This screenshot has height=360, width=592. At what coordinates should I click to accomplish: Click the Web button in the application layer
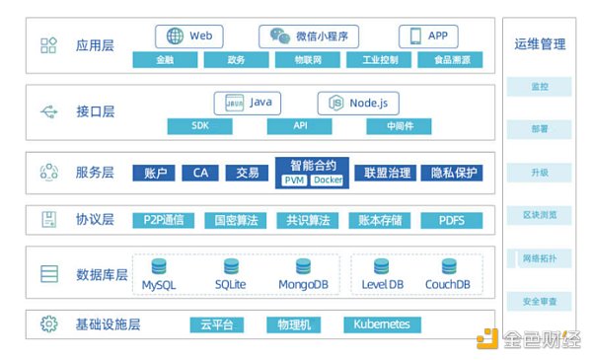[188, 36]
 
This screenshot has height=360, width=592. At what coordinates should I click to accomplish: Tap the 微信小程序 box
[309, 36]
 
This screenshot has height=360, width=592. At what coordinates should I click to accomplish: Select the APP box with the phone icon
[428, 36]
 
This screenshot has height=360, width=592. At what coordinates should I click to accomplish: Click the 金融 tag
[163, 60]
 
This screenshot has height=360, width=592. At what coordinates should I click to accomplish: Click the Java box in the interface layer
[248, 103]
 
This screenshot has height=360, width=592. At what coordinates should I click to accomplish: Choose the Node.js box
[357, 103]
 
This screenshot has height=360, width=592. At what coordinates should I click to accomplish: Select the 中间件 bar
[399, 126]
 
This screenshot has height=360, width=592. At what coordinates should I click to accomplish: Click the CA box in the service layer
[200, 174]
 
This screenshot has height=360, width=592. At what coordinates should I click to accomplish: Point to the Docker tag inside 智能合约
[328, 180]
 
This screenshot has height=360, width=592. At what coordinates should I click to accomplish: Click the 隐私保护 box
[454, 174]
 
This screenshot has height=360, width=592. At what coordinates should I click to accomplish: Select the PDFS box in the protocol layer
[452, 220]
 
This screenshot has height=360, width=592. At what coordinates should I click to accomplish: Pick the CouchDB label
[447, 285]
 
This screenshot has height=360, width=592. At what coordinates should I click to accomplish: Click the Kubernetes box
[382, 324]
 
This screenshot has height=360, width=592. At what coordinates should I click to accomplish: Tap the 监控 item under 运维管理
[539, 87]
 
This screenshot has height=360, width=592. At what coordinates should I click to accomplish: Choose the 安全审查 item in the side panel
[539, 301]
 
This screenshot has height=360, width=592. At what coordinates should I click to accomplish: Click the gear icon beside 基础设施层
[48, 324]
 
